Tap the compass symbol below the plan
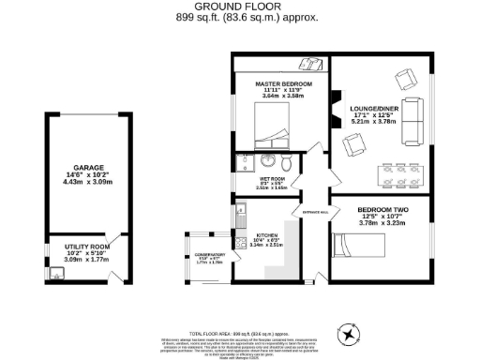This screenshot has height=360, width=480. pyautogui.click(x=350, y=333)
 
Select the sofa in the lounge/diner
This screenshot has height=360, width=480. pyautogui.click(x=412, y=122)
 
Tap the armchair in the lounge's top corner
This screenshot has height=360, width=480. pyautogui.click(x=406, y=79)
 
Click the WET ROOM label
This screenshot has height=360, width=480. pyautogui.click(x=271, y=182)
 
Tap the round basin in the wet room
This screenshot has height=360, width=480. pyautogui.click(x=266, y=159)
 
